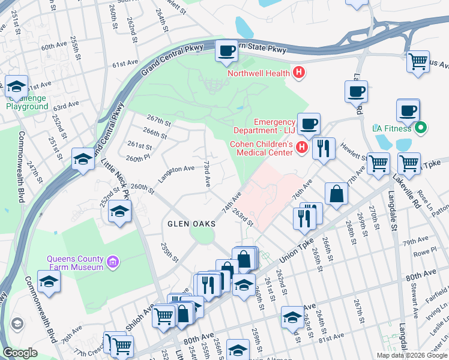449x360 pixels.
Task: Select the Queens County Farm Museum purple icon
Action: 112,262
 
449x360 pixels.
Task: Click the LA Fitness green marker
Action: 421,128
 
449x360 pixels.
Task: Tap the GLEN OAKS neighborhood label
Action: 191,224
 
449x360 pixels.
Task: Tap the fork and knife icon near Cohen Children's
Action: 324,148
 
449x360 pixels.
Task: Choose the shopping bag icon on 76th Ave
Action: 337,194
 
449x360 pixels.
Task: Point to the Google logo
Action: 20,352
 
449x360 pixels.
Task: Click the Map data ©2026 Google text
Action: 412,355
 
